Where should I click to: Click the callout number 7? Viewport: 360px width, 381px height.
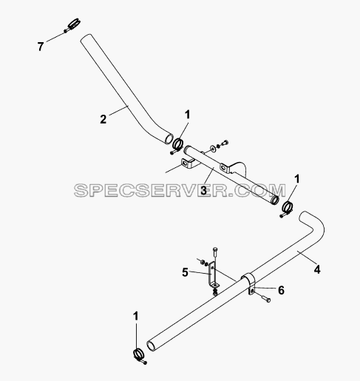[x=41, y=47]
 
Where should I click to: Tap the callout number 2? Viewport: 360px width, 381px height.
[x=103, y=119]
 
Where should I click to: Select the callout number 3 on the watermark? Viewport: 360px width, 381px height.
[x=203, y=190]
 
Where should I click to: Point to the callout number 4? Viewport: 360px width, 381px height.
[x=317, y=269]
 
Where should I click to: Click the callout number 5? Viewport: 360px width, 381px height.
[x=185, y=272]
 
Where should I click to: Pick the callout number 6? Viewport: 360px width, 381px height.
[x=281, y=290]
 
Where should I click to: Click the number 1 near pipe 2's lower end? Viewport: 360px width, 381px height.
[x=188, y=115]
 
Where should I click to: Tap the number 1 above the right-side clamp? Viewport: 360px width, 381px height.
[x=297, y=179]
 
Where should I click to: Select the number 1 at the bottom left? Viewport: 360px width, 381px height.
[x=136, y=317]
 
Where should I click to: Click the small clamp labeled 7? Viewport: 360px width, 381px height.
[x=72, y=25]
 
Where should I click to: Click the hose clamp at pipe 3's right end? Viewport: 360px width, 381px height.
[x=287, y=208]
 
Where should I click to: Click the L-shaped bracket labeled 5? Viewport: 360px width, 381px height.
[x=211, y=275]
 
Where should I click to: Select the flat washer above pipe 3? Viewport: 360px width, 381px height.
[x=212, y=148]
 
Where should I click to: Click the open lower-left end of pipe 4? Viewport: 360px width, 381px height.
[x=151, y=345]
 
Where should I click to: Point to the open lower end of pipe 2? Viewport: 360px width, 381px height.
[x=169, y=139]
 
